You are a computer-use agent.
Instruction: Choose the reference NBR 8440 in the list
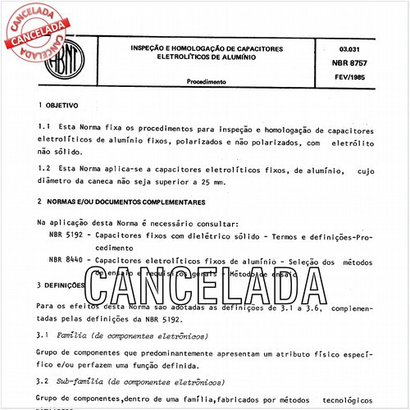(x=66, y=262)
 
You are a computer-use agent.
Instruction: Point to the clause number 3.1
(x=44, y=336)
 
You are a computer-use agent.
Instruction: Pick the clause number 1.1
(x=44, y=130)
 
